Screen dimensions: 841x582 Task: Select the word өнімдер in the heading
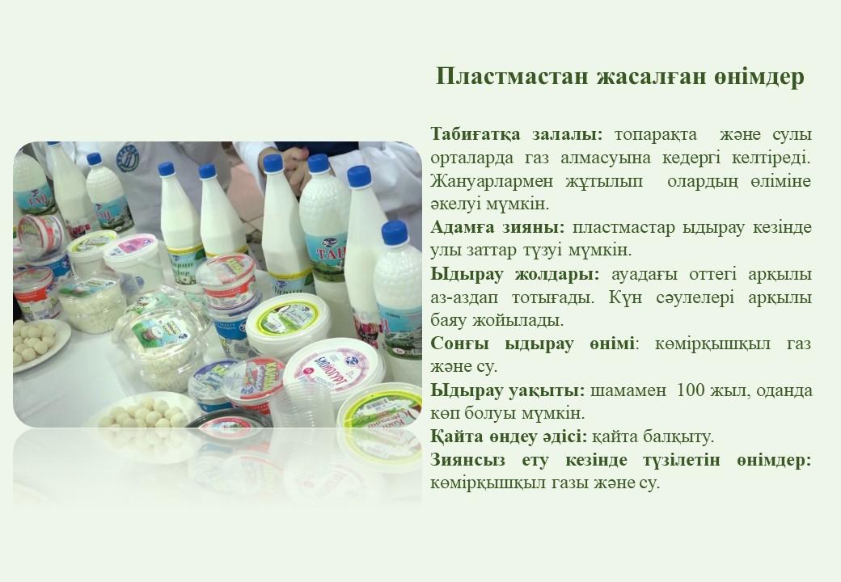[759, 77]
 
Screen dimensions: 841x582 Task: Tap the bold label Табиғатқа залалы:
[517, 134]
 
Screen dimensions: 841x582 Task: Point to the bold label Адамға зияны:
[498, 228]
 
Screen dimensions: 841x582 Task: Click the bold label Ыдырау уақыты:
[507, 391]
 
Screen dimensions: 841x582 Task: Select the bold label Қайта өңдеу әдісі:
[509, 437]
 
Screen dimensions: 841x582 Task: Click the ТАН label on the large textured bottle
[328, 252]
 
